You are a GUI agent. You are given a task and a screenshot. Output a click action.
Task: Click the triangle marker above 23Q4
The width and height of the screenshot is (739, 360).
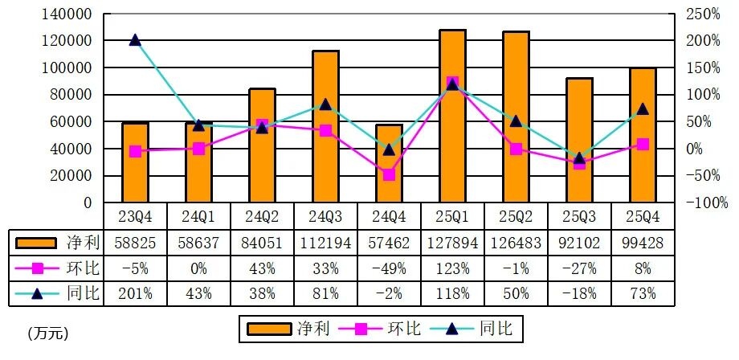tap(135, 40)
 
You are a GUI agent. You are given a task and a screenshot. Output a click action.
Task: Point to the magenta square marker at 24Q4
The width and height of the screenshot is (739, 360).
tap(389, 174)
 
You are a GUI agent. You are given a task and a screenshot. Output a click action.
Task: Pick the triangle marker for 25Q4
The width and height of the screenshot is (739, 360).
tap(643, 108)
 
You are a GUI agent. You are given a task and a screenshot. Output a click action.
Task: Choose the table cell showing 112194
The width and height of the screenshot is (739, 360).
tap(325, 242)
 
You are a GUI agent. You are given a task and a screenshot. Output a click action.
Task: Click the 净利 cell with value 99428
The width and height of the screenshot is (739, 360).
tap(643, 242)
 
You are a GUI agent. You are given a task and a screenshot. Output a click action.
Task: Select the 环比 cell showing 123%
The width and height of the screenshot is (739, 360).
tap(452, 268)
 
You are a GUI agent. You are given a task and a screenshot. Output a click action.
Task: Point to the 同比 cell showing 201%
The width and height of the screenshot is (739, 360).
tap(135, 293)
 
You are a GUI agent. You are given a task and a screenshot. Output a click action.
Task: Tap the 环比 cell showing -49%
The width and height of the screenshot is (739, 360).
tap(389, 268)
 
